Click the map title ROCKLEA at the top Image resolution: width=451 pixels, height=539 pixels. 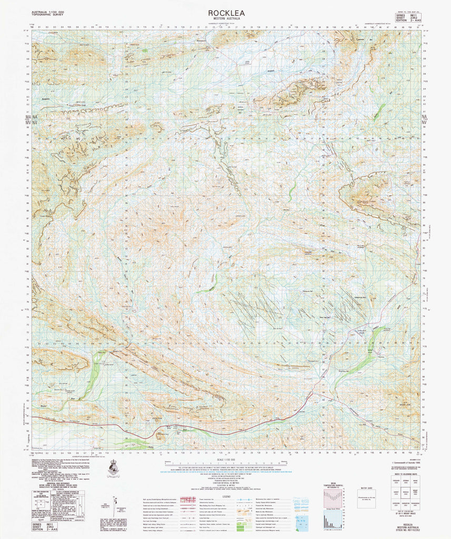226,13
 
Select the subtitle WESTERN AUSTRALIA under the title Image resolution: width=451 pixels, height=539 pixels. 226,19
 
